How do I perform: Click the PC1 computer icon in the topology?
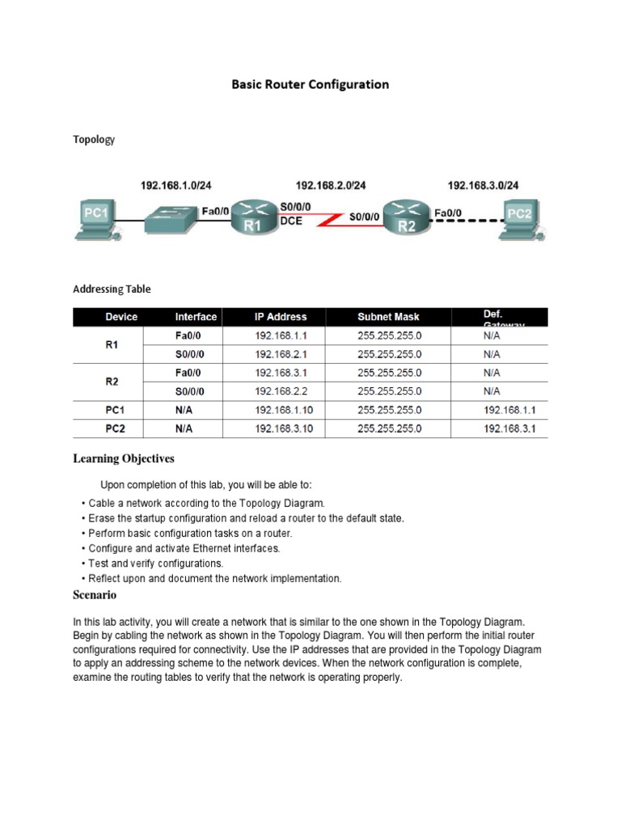(x=95, y=218)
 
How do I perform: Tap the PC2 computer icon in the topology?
(x=521, y=218)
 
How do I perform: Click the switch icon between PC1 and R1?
(x=172, y=213)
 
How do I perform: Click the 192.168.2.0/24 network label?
(x=331, y=185)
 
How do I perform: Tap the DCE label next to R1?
(x=291, y=221)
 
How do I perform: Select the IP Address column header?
(x=281, y=317)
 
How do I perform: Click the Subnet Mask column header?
(x=388, y=317)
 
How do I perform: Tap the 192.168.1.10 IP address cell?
(x=283, y=410)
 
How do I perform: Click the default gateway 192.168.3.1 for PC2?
(x=509, y=429)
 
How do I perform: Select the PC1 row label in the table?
(x=114, y=410)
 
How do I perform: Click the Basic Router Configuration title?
(x=310, y=84)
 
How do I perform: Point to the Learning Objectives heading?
(x=124, y=459)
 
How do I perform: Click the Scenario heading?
(x=95, y=595)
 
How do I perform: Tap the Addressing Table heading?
(x=112, y=289)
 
